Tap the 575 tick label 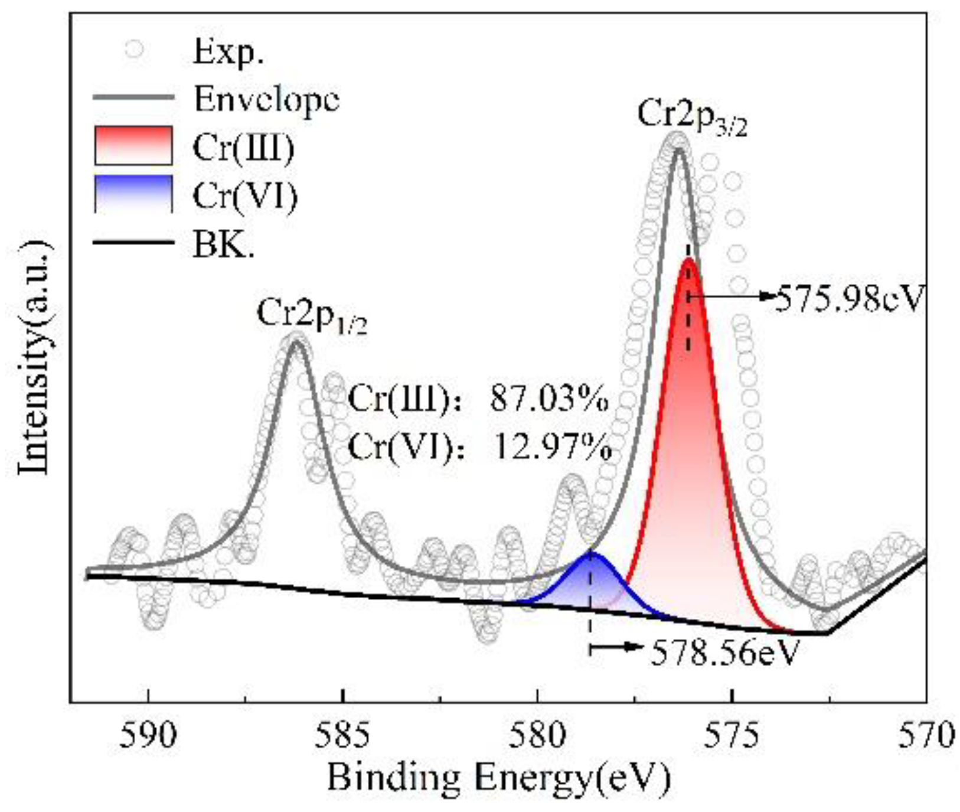point(732,735)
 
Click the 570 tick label point(926,735)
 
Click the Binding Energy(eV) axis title point(498,778)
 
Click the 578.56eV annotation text point(725,653)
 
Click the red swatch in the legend point(133,145)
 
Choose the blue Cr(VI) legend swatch point(133,194)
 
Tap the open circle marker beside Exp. point(135,49)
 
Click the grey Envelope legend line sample point(133,97)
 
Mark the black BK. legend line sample point(133,242)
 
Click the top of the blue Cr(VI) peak point(591,553)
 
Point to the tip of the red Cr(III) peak point(688,259)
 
